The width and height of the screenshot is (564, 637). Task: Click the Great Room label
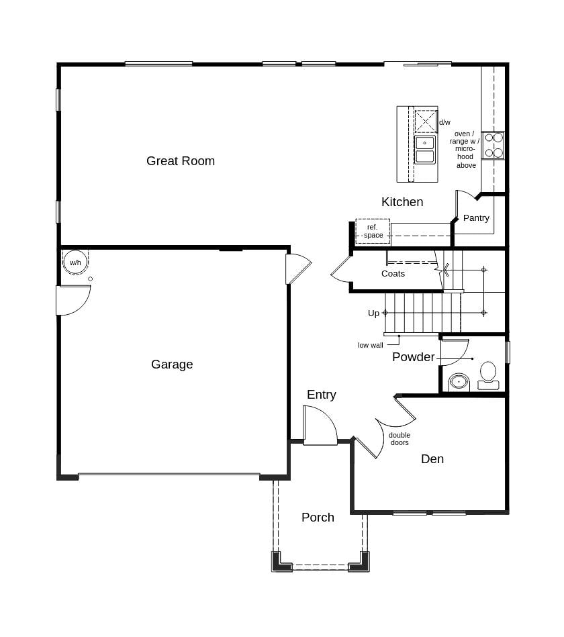point(181,161)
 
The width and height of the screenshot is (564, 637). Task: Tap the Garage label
point(172,364)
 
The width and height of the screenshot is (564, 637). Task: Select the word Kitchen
point(402,202)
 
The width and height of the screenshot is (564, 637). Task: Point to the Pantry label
point(476,218)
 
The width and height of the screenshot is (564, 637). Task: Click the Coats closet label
point(393,274)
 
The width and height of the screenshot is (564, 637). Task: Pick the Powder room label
point(413,357)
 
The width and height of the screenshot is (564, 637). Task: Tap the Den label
point(432,459)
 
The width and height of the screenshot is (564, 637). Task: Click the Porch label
point(318,518)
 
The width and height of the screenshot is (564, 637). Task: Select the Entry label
point(321,395)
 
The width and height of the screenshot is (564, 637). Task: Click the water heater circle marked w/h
point(75,262)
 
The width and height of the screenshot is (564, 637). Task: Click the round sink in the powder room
point(459,382)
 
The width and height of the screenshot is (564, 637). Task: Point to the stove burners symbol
point(493,145)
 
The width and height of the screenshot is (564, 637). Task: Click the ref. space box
point(373,231)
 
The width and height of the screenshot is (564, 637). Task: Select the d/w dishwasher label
point(444,122)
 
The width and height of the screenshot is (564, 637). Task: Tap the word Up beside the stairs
point(373,313)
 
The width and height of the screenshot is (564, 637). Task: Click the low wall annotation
point(370,345)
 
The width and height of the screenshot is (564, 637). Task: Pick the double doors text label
point(399,438)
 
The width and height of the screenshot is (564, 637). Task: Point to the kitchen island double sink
point(424,150)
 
